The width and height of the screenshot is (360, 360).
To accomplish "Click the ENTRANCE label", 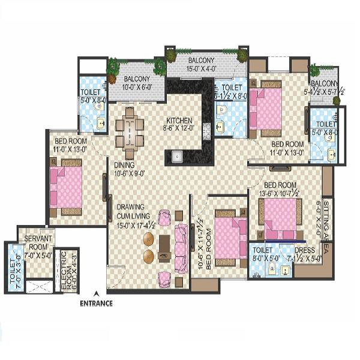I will (x=96, y=303).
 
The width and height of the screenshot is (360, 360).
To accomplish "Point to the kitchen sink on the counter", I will (x=177, y=157).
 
